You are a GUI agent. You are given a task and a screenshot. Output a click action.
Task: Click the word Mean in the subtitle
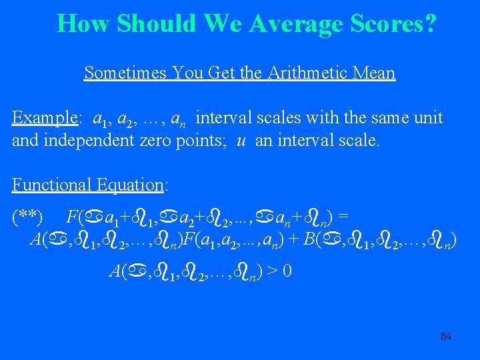pyautogui.click(x=376, y=73)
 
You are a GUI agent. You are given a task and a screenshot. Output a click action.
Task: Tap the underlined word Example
pyautogui.click(x=44, y=119)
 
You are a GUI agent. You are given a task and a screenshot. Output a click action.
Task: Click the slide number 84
pyautogui.click(x=446, y=336)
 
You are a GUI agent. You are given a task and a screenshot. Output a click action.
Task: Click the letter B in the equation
pyautogui.click(x=311, y=239)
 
